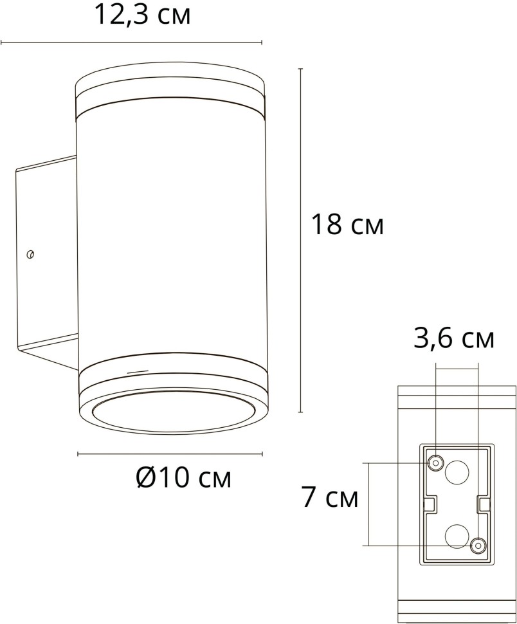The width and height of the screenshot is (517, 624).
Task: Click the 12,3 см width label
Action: (x=143, y=15)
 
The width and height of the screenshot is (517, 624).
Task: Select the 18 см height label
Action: (x=347, y=225)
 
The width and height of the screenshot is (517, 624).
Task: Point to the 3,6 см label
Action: (x=454, y=338)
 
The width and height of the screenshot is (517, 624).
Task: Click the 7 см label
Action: (x=330, y=498)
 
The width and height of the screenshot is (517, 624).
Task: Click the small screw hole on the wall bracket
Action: (x=30, y=255)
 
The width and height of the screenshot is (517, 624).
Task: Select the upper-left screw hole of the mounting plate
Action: (x=436, y=463)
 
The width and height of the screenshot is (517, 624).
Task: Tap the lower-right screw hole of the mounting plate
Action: (x=478, y=546)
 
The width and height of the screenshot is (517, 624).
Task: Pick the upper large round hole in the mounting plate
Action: (x=457, y=473)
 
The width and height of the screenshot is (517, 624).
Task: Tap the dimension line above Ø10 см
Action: (x=170, y=454)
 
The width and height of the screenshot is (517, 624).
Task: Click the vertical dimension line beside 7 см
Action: (x=368, y=504)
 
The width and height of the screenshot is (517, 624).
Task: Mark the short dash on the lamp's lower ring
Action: (x=136, y=372)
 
